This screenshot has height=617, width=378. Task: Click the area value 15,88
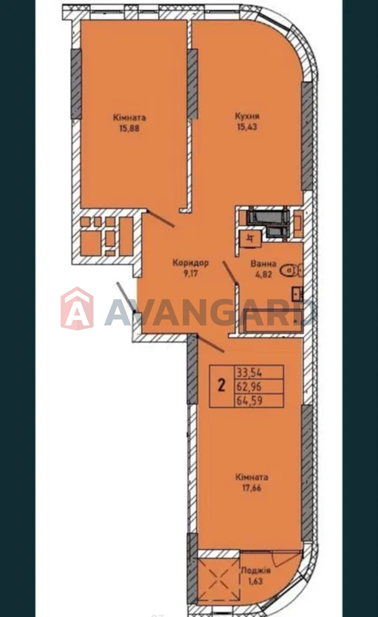pos(129,129)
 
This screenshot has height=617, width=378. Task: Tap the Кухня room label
pos(247,116)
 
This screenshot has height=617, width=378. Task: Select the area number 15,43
pos(247,127)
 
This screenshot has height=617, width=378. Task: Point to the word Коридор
pos(191,263)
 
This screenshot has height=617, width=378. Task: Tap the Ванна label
pos(263,264)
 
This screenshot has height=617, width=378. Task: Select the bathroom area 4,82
pos(263,275)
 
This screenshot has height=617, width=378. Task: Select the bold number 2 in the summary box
pos(221,385)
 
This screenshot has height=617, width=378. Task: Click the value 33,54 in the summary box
pos(249,373)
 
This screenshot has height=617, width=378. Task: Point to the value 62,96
pos(249,387)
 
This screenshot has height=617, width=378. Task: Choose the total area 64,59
pos(249,401)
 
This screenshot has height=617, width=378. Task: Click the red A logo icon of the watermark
pos(77,308)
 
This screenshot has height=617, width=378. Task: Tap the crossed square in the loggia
pos(219,578)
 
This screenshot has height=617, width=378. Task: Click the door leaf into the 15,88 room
pos(160,219)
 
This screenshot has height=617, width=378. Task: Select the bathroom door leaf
pos(230,272)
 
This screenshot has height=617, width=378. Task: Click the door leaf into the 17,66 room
pos(211,344)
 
